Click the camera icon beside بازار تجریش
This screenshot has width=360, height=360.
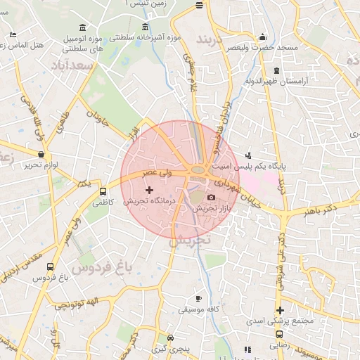pyautogui.click(x=211, y=198)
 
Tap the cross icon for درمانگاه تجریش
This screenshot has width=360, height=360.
pyautogui.click(x=149, y=190)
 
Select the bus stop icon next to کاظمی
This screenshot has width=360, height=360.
pyautogui.click(x=103, y=191)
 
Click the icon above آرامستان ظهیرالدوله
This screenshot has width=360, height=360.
pyautogui.click(x=276, y=71)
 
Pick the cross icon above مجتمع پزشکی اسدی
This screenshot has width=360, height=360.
pyautogui.click(x=281, y=310)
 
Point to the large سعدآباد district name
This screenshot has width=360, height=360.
pyautogui.click(x=72, y=65)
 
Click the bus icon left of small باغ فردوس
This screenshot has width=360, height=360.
pyautogui.click(x=49, y=267)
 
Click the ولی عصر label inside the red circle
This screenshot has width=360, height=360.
pyautogui.click(x=157, y=171)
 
